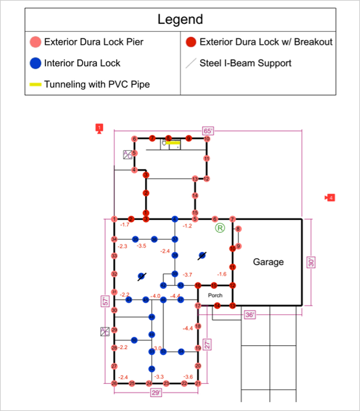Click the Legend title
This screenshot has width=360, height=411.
(x=180, y=19)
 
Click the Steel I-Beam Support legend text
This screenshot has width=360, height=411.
(x=245, y=63)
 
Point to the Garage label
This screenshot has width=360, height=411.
(x=268, y=262)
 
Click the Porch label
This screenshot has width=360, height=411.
(x=215, y=295)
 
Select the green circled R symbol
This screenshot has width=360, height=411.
(x=220, y=228)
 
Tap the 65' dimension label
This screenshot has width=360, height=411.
(x=208, y=130)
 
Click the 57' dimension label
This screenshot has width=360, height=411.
(x=105, y=301)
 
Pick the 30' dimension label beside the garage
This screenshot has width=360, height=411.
(x=311, y=262)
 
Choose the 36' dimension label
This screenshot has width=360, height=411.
(x=250, y=314)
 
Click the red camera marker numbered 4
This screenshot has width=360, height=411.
(x=330, y=198)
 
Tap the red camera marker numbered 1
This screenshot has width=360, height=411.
(x=99, y=128)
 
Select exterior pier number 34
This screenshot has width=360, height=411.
(x=114, y=239)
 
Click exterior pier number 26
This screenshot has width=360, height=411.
(x=114, y=383)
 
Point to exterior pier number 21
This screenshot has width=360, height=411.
(x=198, y=383)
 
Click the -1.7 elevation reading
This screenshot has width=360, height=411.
(x=125, y=225)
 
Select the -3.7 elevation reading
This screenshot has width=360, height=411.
(x=187, y=274)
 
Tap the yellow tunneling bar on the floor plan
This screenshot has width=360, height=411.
(x=173, y=142)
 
